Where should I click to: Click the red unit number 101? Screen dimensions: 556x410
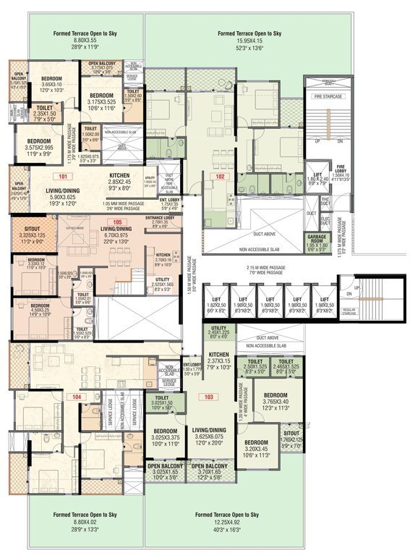(64, 176)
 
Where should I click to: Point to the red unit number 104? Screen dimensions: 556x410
(76, 397)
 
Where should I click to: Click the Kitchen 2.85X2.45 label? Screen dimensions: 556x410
(119, 175)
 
